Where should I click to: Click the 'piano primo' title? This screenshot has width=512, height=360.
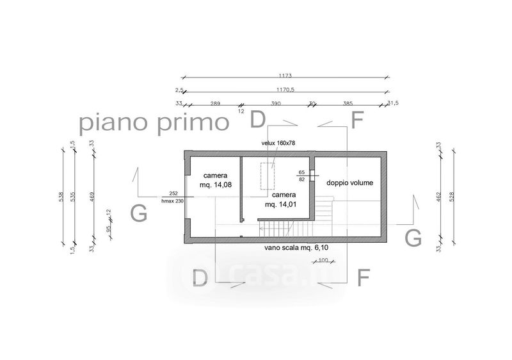(153, 122)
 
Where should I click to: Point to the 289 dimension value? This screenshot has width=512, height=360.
(216, 103)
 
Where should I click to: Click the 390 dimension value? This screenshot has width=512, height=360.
(276, 103)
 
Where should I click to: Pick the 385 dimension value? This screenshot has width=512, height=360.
(348, 103)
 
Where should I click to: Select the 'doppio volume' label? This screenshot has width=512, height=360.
(349, 183)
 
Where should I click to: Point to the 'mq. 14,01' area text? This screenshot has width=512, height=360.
(282, 204)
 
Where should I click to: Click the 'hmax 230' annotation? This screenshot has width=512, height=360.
(173, 201)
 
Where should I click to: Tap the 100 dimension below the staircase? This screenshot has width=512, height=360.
(323, 261)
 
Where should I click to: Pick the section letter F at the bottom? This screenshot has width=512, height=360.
(363, 278)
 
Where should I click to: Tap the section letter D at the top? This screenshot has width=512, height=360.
(257, 119)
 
